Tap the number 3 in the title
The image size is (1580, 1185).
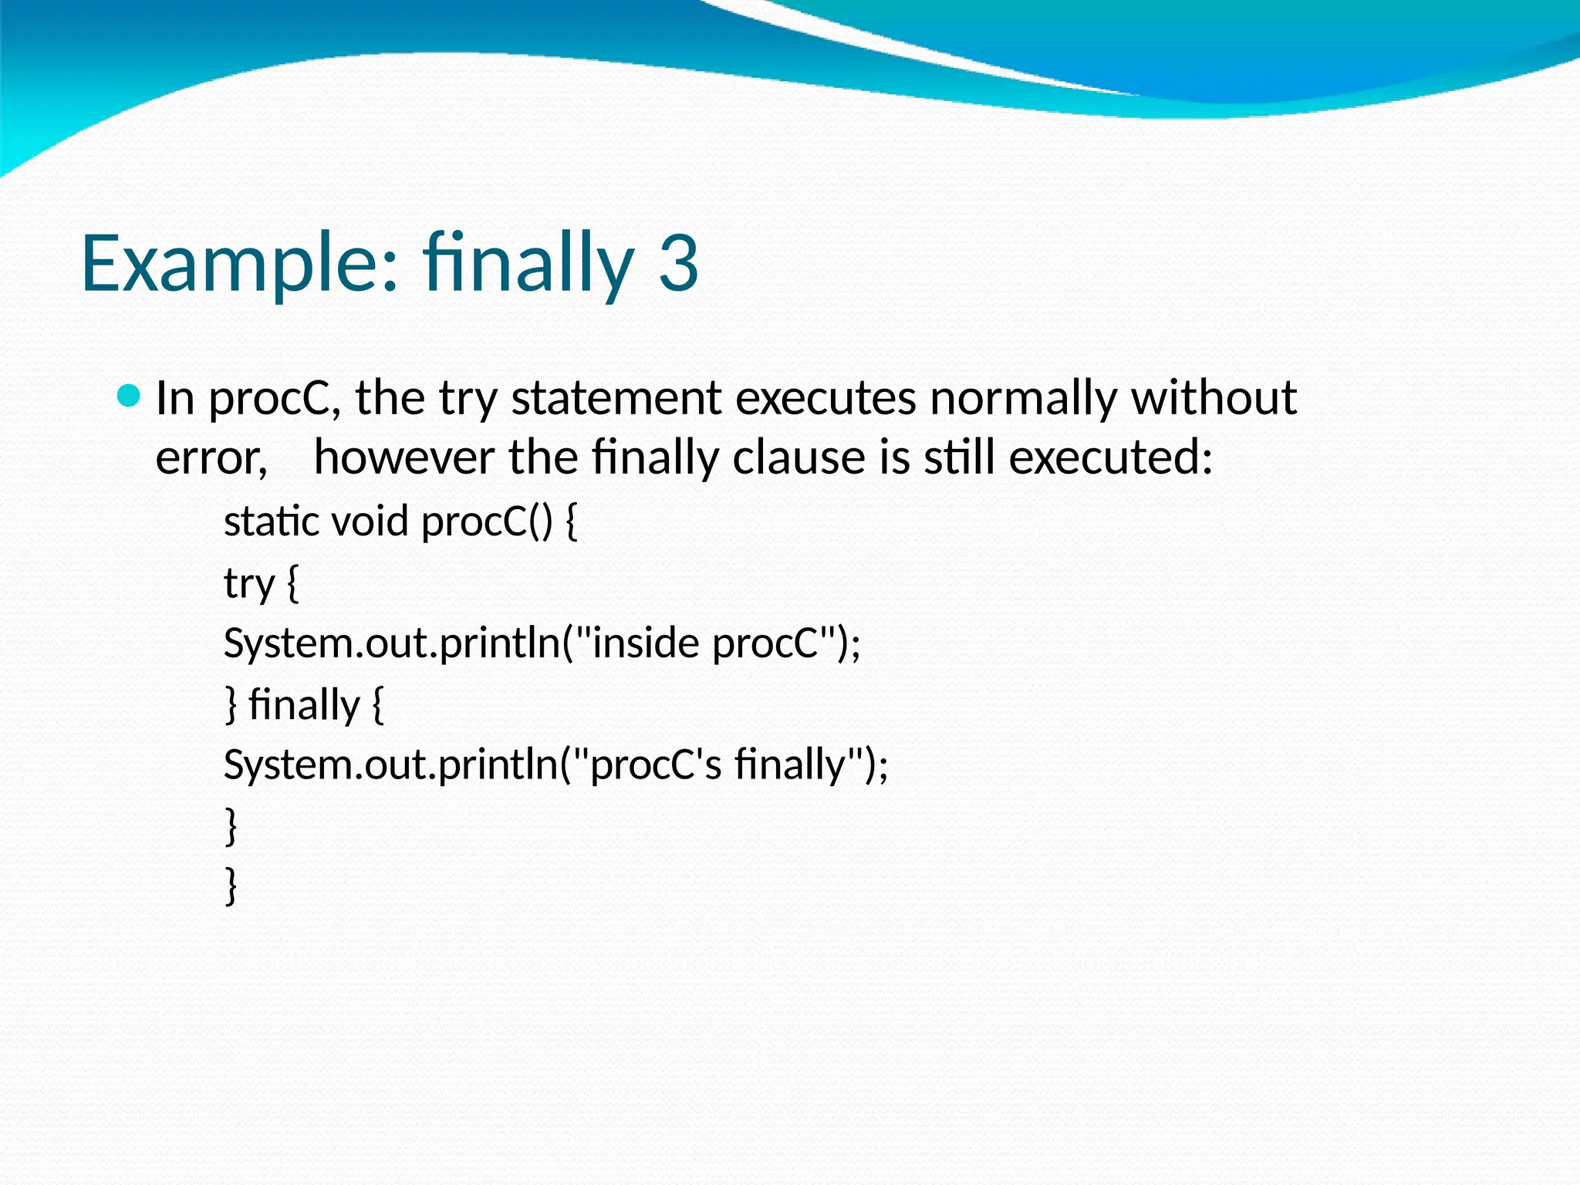(678, 264)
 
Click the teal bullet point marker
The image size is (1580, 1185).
(129, 397)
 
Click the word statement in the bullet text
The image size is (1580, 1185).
(616, 398)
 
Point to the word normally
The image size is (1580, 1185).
(1023, 398)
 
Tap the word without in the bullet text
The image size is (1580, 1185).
(1214, 398)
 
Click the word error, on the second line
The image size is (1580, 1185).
(211, 458)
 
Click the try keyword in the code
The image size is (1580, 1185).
(248, 584)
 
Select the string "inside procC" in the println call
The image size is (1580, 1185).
(706, 643)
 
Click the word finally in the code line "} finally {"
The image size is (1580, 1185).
(304, 704)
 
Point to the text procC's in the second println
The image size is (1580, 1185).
(655, 765)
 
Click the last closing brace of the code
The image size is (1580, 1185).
(231, 886)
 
